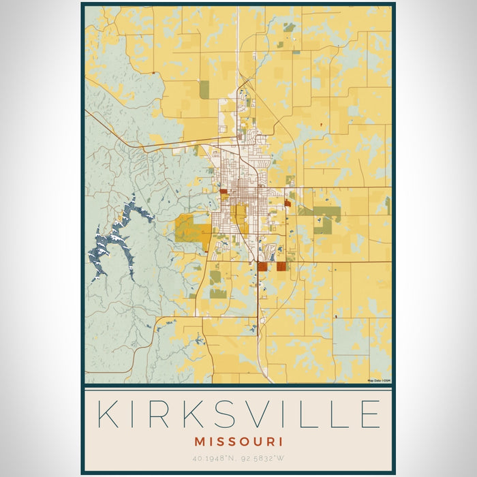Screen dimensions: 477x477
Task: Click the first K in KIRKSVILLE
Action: pos(109,414)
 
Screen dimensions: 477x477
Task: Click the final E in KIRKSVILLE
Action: pos(369,414)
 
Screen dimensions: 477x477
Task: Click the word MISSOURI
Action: pos(238,442)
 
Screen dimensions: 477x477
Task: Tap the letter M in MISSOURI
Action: pos(200,442)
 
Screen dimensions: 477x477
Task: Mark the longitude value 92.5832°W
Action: pos(262,459)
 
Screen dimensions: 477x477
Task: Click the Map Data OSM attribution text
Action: pos(378,380)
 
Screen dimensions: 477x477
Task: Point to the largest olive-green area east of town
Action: pos(323,219)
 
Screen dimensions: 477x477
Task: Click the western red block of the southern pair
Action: pos(262,266)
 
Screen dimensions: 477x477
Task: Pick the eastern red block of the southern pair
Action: pos(281,266)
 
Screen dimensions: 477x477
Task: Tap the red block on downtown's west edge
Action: pos(224,193)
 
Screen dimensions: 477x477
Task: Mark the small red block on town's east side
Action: pos(287,203)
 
